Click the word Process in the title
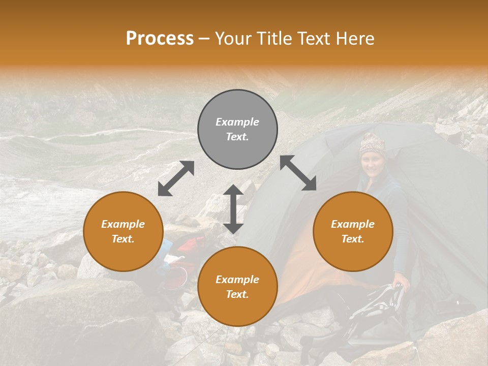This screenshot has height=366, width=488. (x=160, y=39)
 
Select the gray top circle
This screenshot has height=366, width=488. (x=237, y=129)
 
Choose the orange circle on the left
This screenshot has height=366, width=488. (x=123, y=231)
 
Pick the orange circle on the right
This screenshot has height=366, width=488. (x=353, y=231)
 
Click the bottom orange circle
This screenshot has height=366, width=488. (x=237, y=287)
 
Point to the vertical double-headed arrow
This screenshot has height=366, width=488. (x=233, y=209)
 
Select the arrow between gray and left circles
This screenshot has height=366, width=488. (x=176, y=178)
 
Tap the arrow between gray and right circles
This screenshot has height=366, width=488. (x=298, y=173)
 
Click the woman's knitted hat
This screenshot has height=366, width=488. (x=373, y=144)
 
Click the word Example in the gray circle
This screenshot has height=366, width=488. (x=237, y=122)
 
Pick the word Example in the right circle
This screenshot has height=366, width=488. (x=353, y=224)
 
